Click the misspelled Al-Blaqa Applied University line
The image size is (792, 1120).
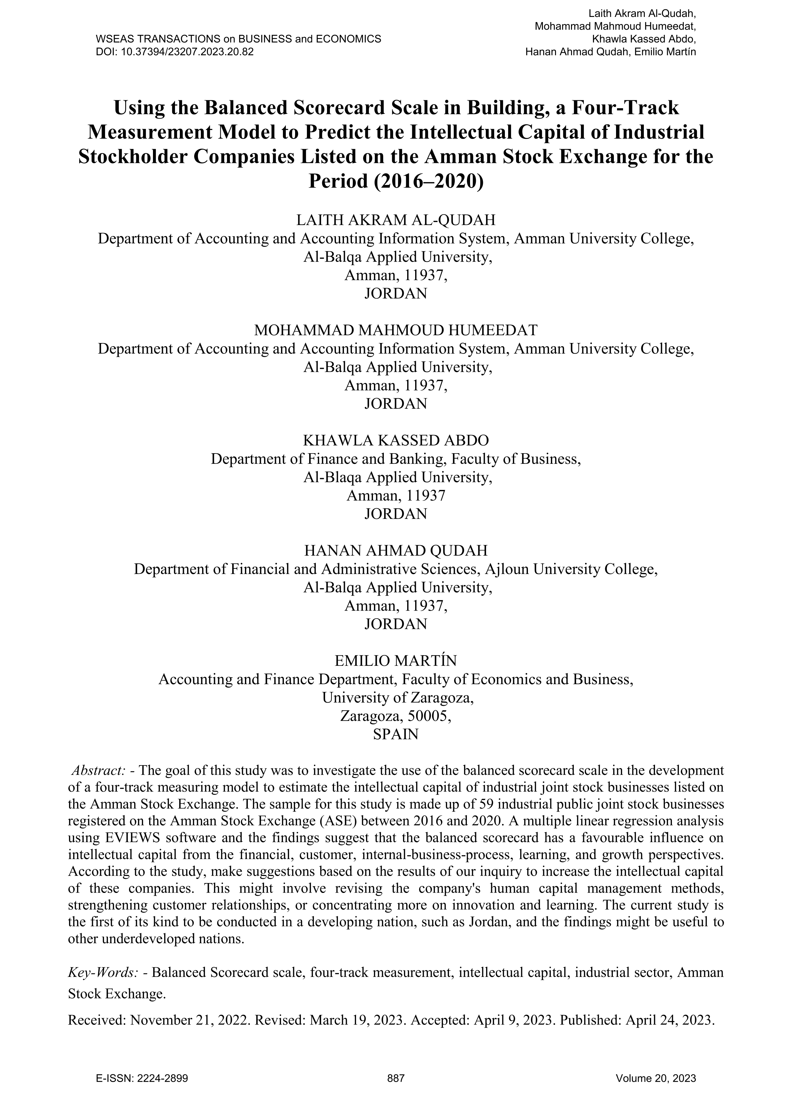(x=398, y=477)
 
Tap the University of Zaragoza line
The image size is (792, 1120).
(x=398, y=698)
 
